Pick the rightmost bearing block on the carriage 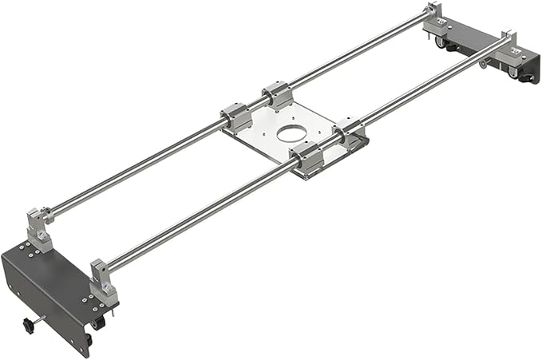[x=348, y=129]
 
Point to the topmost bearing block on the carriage [x=276, y=95]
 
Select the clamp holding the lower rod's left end [x=104, y=278]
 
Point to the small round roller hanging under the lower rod [x=484, y=63]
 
